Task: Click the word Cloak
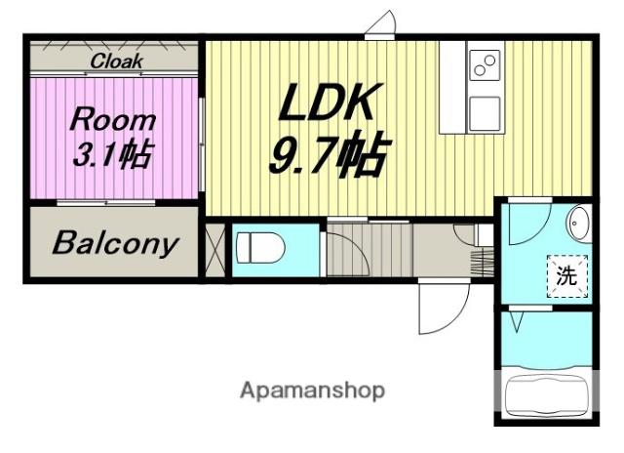pyautogui.click(x=116, y=62)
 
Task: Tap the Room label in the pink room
pyautogui.click(x=113, y=120)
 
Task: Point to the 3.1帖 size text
pyautogui.click(x=113, y=154)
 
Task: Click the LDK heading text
pyautogui.click(x=329, y=103)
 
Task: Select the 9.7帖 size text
pyautogui.click(x=329, y=154)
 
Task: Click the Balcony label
pyautogui.click(x=114, y=243)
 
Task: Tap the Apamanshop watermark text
pyautogui.click(x=312, y=391)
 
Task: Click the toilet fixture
pyautogui.click(x=260, y=248)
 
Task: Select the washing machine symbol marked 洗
pyautogui.click(x=566, y=275)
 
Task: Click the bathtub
pyautogui.click(x=546, y=396)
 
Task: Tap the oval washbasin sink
pyautogui.click(x=578, y=224)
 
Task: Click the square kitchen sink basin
pyautogui.click(x=485, y=114)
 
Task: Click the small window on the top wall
pyautogui.click(x=379, y=37)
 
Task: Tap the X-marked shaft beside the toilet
pyautogui.click(x=214, y=250)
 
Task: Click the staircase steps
pyautogui.click(x=370, y=250)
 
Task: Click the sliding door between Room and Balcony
pyautogui.click(x=106, y=203)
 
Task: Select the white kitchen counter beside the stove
pyautogui.click(x=452, y=87)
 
